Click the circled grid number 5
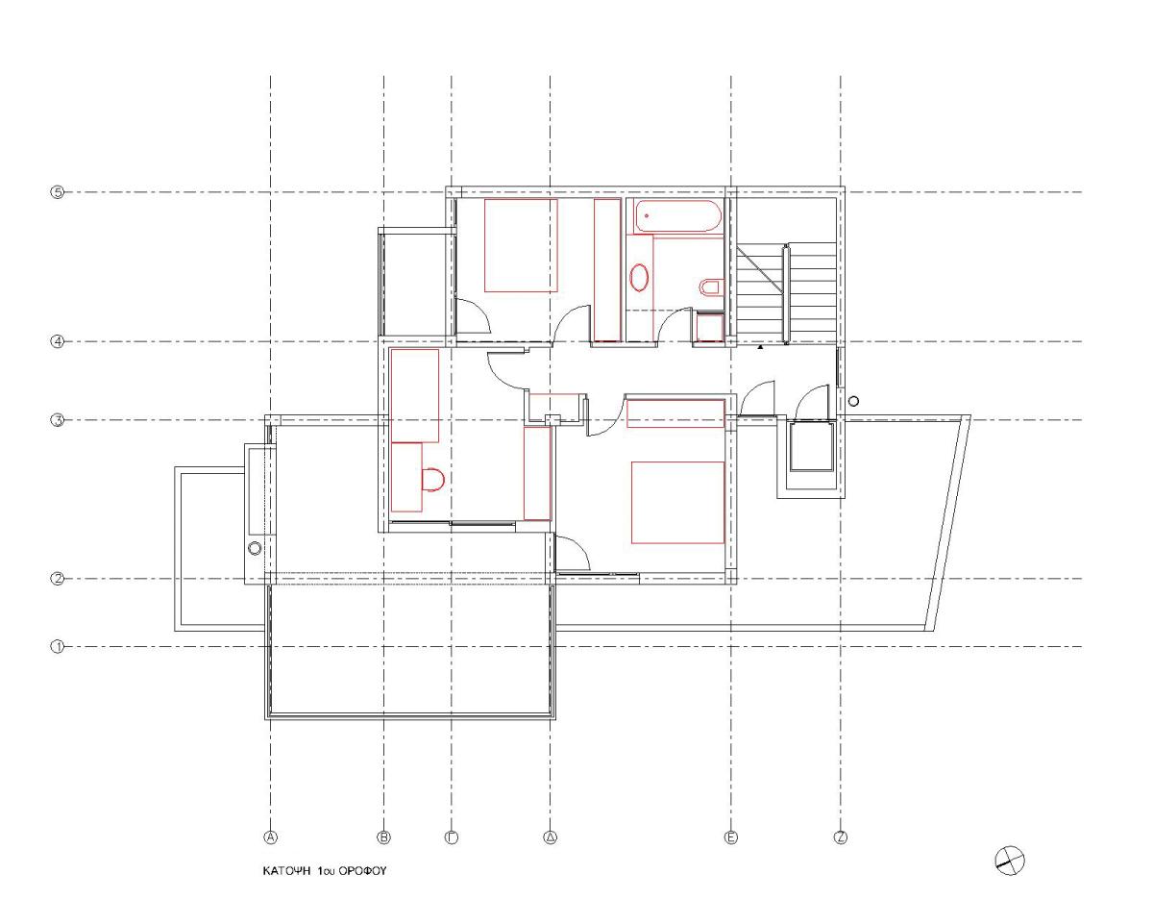[57, 192]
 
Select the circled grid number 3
[57, 420]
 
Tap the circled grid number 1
[57, 647]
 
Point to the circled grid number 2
[57, 579]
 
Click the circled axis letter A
[271, 837]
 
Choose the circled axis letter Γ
[452, 837]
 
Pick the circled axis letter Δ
[551, 837]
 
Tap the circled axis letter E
[731, 837]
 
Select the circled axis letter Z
[841, 837]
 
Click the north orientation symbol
[1010, 861]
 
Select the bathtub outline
[677, 216]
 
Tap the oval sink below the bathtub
[639, 277]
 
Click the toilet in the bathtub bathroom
[711, 287]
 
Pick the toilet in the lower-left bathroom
[433, 480]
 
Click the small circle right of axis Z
[854, 401]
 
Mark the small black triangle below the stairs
[760, 347]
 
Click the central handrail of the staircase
[786, 294]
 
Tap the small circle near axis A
[255, 548]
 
